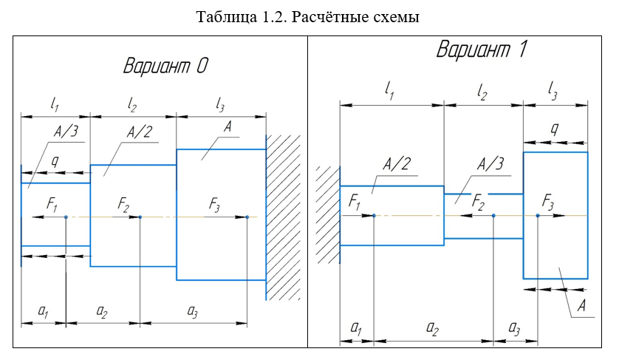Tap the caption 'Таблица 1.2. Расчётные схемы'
[308, 17]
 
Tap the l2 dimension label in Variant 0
[132, 106]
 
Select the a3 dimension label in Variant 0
[192, 312]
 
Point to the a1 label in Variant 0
[44, 312]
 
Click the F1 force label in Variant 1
[354, 202]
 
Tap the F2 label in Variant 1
[479, 202]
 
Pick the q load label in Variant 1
[555, 129]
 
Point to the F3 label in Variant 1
[549, 201]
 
